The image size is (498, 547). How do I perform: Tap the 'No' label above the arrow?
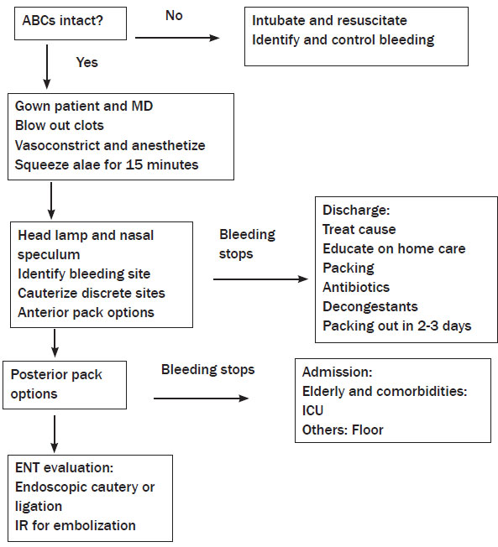coord(174,15)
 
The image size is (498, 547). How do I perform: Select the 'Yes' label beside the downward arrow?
coord(87,62)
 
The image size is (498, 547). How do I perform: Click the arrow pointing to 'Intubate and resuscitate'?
coord(177,38)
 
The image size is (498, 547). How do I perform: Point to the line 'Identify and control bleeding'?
coord(343,40)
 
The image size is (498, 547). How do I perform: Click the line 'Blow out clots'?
coord(60,126)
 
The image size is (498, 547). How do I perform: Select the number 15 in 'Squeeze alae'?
coord(134,164)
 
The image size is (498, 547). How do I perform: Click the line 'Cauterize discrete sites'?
coord(92,293)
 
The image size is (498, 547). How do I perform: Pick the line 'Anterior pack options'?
coord(86,313)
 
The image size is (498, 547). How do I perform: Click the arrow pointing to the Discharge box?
coord(260,279)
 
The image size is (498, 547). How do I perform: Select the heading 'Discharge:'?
coord(356,210)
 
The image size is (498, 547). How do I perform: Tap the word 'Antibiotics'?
coord(356,288)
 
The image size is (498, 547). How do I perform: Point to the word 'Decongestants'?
coord(370,307)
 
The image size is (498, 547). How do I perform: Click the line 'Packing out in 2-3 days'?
coord(396,326)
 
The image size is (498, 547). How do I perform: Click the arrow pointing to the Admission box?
coord(202,399)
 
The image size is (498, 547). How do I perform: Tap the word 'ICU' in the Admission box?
coord(312,410)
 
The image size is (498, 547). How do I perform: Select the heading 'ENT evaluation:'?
coord(65,468)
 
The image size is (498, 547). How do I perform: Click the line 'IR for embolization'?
coord(75,525)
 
